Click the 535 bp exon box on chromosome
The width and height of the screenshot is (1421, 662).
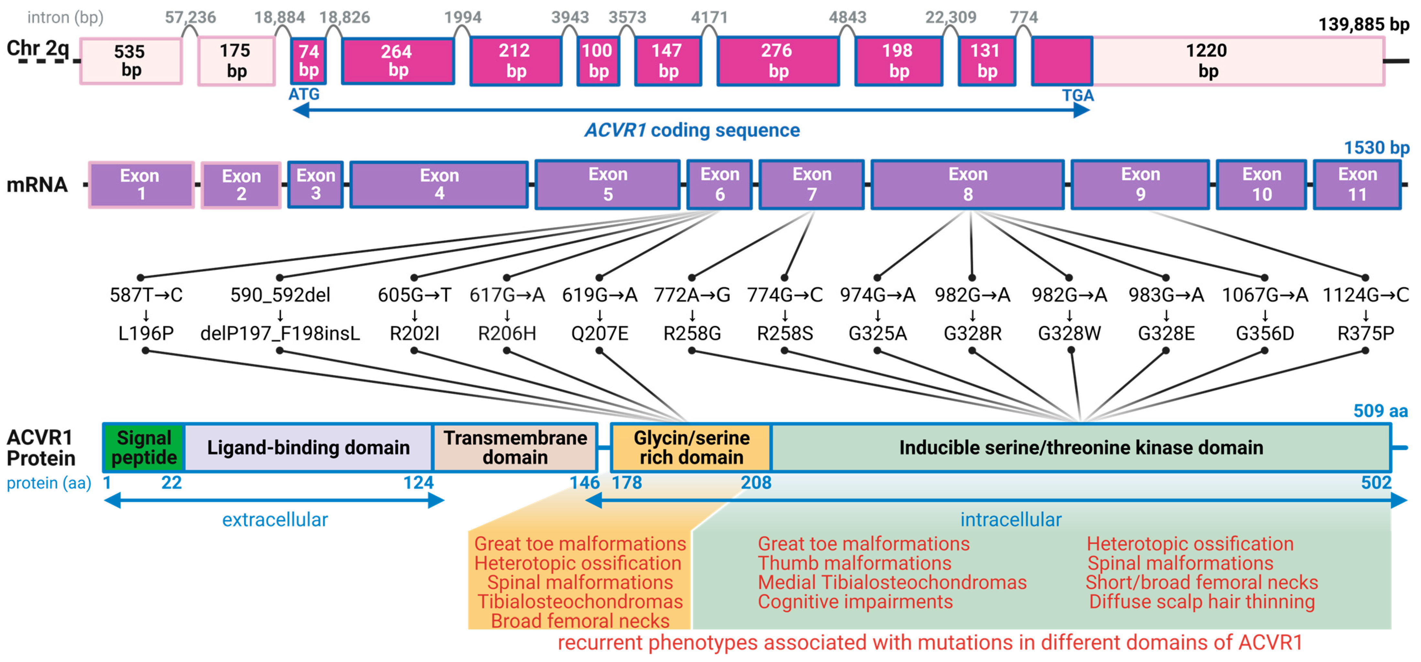click(131, 61)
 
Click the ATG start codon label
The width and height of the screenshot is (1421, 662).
click(304, 94)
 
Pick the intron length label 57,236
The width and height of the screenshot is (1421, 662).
click(190, 17)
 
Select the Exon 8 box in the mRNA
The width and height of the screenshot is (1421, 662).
click(968, 185)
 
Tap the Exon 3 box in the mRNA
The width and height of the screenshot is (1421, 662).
click(316, 184)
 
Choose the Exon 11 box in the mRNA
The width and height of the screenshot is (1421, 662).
click(1357, 185)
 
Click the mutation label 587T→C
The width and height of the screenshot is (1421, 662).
click(146, 295)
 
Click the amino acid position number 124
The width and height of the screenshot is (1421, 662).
click(418, 483)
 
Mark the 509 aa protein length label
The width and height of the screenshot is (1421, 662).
click(1380, 411)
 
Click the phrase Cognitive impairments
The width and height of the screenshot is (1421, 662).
click(855, 601)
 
